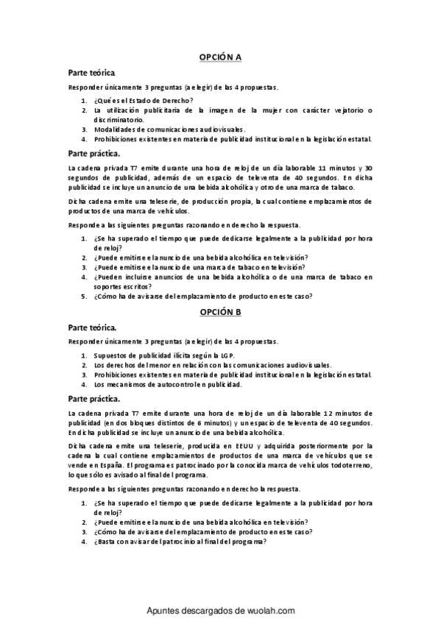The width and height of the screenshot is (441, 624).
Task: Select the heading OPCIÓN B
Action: pyautogui.click(x=221, y=312)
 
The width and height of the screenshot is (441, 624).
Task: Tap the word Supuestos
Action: pyautogui.click(x=111, y=355)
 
